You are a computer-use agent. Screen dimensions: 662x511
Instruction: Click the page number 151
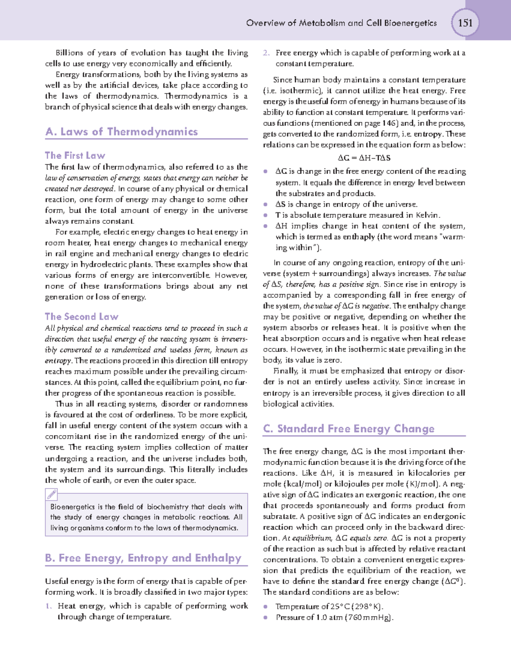(465, 23)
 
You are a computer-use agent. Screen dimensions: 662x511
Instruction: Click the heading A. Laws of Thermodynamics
(122, 132)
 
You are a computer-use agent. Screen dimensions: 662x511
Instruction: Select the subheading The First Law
(75, 156)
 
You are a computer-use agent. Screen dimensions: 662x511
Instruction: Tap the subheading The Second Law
(82, 317)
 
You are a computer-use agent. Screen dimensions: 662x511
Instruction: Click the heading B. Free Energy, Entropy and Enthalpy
(144, 558)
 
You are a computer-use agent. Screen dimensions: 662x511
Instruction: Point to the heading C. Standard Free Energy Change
(349, 429)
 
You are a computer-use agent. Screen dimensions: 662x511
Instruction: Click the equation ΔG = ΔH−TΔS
(364, 158)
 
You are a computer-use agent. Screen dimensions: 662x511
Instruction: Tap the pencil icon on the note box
(52, 494)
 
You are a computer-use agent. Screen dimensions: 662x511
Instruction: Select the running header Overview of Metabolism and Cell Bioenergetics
(342, 23)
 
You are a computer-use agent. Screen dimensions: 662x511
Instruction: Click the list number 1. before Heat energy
(49, 606)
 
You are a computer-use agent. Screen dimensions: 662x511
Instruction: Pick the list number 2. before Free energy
(266, 53)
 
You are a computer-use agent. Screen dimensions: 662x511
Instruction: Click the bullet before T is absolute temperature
(266, 216)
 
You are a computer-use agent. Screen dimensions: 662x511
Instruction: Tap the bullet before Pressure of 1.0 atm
(266, 618)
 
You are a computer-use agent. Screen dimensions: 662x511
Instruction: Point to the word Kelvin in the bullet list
(427, 215)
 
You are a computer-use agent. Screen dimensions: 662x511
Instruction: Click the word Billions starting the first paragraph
(69, 53)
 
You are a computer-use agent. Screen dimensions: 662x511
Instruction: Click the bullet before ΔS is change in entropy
(266, 205)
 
